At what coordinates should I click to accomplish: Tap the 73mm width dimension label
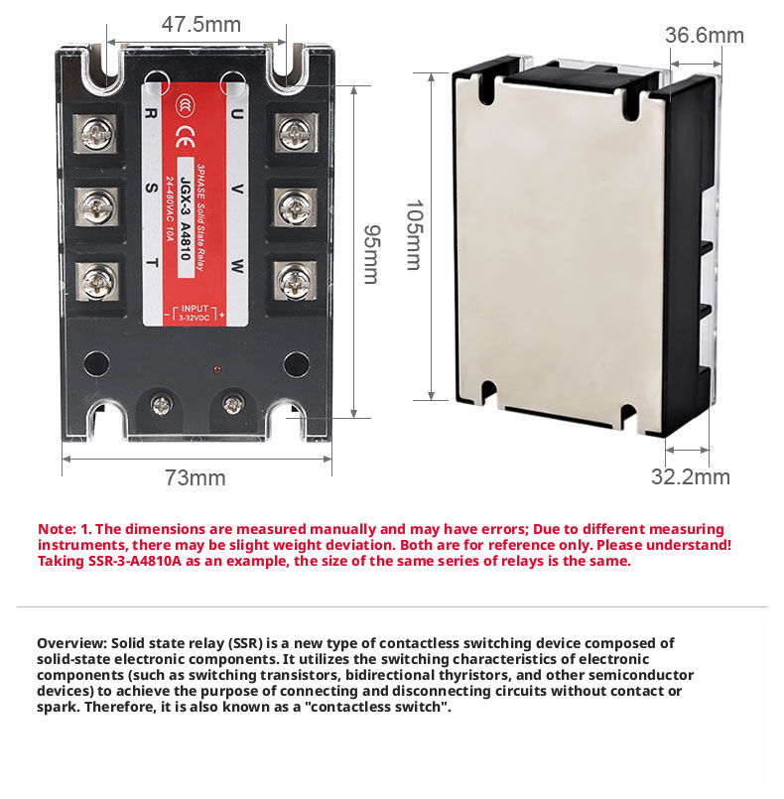(195, 477)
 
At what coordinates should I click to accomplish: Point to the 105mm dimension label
(413, 236)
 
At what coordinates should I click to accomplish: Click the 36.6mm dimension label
(704, 36)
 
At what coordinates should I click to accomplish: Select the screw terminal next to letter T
(98, 283)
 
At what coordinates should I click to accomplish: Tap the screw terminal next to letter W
(294, 283)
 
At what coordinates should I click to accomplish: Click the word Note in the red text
(56, 529)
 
